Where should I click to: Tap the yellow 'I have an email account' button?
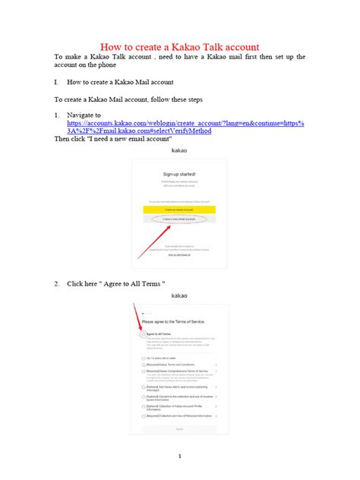tap(180, 209)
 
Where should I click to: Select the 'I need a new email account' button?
tap(180, 219)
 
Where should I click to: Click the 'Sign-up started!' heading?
tap(180, 174)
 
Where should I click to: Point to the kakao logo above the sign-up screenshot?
tap(180, 151)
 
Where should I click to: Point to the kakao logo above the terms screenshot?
tap(180, 295)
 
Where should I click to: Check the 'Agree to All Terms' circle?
tap(144, 333)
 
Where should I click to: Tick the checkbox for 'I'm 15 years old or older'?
tap(144, 357)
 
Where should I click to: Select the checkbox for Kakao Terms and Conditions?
tap(144, 365)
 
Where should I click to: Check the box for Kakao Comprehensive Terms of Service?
tap(144, 372)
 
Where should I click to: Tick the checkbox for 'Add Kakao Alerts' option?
tap(144, 387)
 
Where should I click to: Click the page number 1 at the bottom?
tap(180, 456)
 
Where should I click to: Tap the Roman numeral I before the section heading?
tap(56, 81)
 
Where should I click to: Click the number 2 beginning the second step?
tap(56, 283)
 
